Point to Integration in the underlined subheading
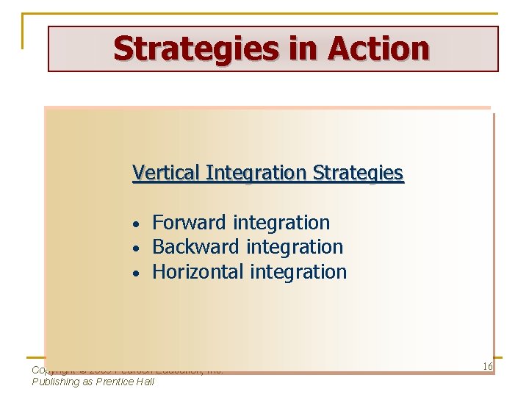point(256,174)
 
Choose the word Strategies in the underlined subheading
point(358,174)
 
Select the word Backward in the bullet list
point(196,247)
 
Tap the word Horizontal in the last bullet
point(198,272)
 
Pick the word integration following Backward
point(295,247)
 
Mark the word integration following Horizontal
point(298,272)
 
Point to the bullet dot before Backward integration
point(136,248)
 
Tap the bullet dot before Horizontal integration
point(136,273)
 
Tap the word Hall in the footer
point(145,382)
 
